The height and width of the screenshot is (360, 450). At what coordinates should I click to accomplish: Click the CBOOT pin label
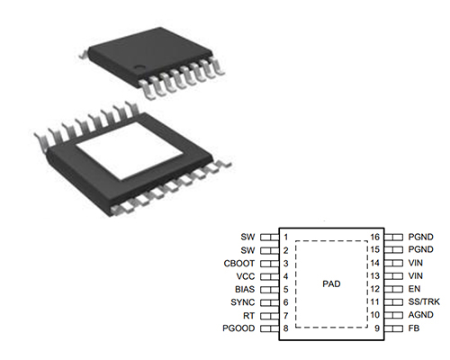click(239, 264)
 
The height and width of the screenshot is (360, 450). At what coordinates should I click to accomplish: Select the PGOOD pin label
click(238, 328)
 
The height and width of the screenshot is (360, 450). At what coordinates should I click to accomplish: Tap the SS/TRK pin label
click(424, 301)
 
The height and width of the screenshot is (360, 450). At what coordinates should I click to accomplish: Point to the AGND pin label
click(420, 315)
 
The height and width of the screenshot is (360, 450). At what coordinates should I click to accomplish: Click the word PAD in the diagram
click(331, 283)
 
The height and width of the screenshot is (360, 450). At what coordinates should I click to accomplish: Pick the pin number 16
click(374, 237)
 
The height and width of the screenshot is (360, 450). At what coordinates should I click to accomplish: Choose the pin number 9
click(377, 328)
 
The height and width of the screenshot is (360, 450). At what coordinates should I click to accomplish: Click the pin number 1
click(285, 237)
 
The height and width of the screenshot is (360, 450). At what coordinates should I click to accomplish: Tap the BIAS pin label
click(245, 290)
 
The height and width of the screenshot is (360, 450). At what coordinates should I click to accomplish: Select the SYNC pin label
click(243, 302)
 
